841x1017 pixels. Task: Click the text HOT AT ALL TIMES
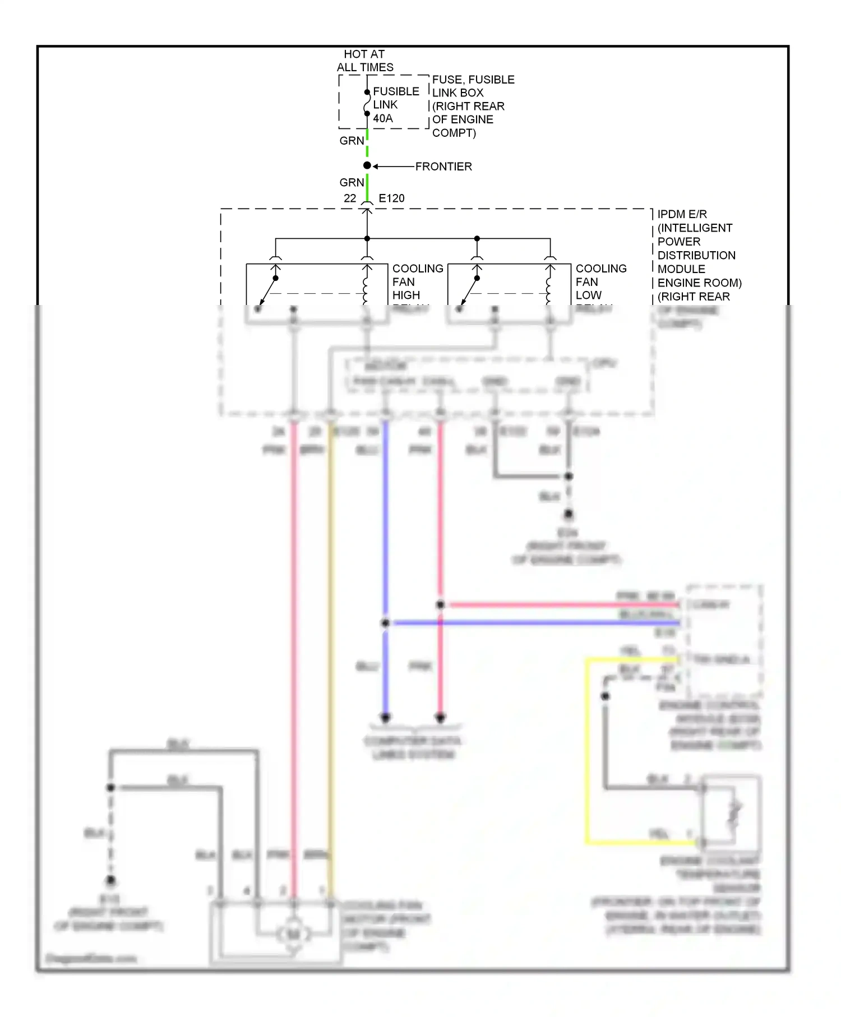pos(364,61)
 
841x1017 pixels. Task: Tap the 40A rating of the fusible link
pos(383,118)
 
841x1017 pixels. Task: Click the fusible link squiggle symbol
pos(367,103)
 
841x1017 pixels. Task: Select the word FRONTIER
pos(443,167)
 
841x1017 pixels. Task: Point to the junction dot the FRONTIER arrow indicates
pos(367,165)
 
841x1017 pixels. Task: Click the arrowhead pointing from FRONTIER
pos(376,166)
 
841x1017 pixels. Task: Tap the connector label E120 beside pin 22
pos(391,198)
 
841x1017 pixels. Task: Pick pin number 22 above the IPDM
pos(350,198)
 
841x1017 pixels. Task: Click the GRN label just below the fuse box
pos(352,141)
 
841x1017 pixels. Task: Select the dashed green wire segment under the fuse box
pos(367,144)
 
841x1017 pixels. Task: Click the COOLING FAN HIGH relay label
pos(417,282)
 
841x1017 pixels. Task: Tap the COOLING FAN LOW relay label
pos(600,282)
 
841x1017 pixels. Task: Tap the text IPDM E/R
pos(682,214)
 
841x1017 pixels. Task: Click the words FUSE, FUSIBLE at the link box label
pos(473,80)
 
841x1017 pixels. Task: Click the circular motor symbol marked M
pos(293,935)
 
